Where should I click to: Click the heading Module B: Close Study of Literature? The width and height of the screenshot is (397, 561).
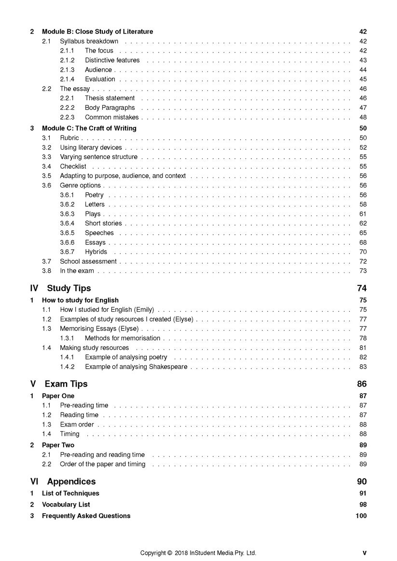(x=97, y=32)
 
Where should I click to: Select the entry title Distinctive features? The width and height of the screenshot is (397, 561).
(x=112, y=60)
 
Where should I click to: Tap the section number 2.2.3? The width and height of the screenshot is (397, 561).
(x=67, y=117)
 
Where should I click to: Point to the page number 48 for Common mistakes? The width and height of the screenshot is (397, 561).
(x=363, y=117)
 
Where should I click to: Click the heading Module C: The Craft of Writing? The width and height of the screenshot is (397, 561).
(x=89, y=128)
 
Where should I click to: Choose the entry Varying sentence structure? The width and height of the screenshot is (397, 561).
(x=98, y=157)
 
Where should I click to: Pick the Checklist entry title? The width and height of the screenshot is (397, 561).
(x=73, y=166)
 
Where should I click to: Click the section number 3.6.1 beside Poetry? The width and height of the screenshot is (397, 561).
(x=67, y=195)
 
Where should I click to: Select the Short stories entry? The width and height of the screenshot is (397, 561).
(x=103, y=223)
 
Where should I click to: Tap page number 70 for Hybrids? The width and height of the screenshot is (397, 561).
(x=363, y=252)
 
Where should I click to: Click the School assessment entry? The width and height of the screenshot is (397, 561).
(x=88, y=261)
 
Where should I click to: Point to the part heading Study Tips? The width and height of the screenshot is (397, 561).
(x=68, y=288)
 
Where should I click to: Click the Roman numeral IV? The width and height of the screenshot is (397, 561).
(x=34, y=288)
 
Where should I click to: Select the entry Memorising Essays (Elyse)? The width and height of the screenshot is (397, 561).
(x=99, y=329)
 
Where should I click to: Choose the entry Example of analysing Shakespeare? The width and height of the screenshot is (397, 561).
(x=136, y=367)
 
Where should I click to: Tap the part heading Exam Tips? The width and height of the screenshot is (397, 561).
(x=66, y=384)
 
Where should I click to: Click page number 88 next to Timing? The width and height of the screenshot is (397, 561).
(x=363, y=434)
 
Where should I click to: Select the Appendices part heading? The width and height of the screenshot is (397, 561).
(x=71, y=481)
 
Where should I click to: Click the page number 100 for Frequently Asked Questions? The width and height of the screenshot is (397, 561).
(x=361, y=516)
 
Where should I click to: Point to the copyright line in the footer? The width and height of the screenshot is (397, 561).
(x=198, y=553)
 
